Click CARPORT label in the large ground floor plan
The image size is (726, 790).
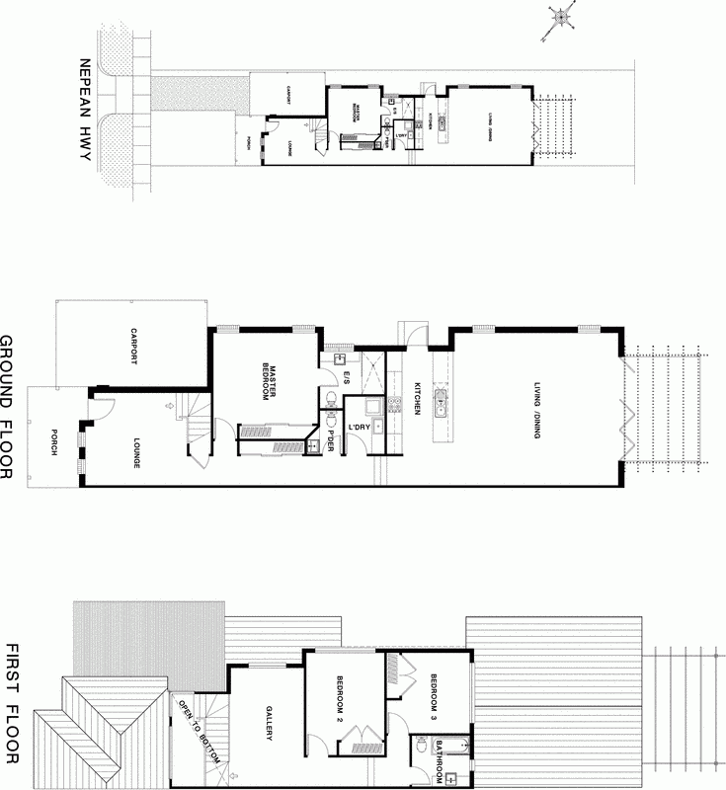pyautogui.click(x=129, y=347)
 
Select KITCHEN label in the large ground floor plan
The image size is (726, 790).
pyautogui.click(x=417, y=398)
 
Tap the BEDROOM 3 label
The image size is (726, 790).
pyautogui.click(x=435, y=695)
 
